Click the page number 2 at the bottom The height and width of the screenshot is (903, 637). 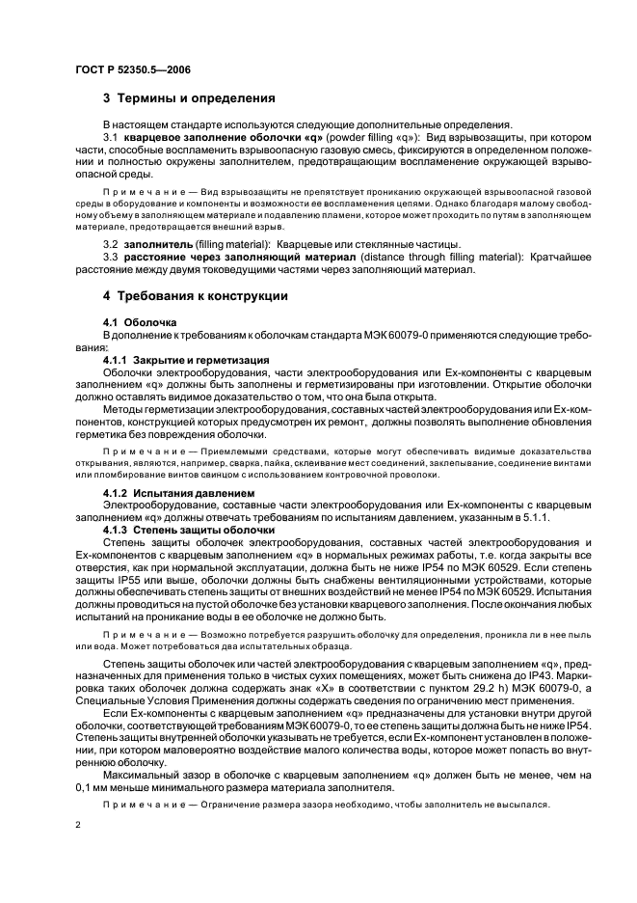[x=78, y=826]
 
